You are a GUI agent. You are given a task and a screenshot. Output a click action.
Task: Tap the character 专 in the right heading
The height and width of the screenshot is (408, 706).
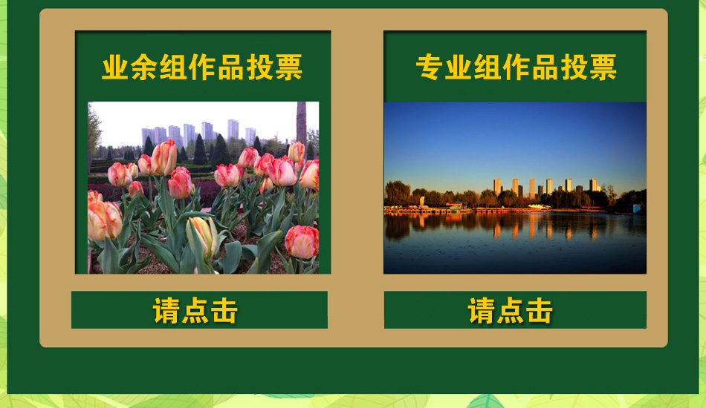tap(430, 68)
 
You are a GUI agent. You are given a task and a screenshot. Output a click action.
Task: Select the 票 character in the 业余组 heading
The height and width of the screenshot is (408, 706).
tap(288, 68)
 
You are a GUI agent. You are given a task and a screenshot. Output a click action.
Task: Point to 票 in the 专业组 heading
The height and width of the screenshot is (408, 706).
tap(603, 68)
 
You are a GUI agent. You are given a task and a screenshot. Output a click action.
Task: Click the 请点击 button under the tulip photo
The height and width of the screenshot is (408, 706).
tap(199, 309)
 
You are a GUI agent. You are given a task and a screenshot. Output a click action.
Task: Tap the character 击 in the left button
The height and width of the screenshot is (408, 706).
tap(224, 311)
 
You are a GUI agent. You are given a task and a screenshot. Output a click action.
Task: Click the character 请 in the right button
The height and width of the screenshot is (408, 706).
tap(482, 311)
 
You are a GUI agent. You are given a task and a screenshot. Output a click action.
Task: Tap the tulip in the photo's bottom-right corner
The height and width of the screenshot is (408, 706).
tap(302, 242)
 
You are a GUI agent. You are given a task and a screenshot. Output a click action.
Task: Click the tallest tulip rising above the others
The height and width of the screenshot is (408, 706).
tap(164, 157)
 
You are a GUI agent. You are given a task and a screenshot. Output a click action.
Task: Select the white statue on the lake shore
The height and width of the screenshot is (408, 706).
tap(422, 201)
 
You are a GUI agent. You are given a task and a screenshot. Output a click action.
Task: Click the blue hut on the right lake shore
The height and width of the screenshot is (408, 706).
tap(637, 208)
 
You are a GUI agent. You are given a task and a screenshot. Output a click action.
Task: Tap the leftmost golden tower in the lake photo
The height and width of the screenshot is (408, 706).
tap(497, 186)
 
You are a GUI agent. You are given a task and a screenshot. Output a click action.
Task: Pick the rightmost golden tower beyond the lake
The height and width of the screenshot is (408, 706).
tap(594, 185)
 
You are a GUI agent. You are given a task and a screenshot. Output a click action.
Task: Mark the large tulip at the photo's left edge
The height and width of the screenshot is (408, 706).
tap(105, 220)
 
